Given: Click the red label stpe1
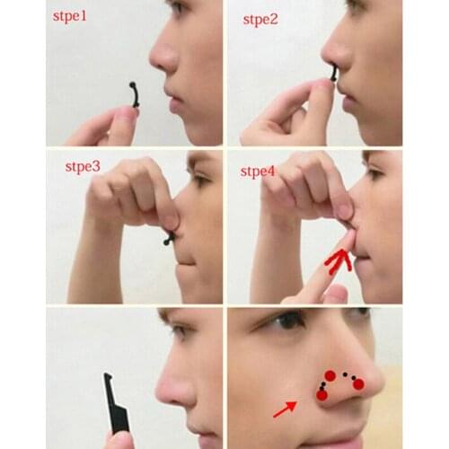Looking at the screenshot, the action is [x=70, y=16].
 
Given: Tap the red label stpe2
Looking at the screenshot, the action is [x=260, y=20].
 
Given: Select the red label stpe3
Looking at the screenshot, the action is [x=83, y=167].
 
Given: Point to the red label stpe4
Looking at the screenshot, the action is [x=258, y=172].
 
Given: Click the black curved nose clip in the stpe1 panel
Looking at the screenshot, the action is [x=136, y=94].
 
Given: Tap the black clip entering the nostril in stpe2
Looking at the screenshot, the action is [x=333, y=74].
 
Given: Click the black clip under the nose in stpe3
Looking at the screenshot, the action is [x=170, y=238].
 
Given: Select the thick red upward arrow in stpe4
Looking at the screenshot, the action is [x=339, y=261].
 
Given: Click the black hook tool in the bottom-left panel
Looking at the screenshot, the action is [x=115, y=402].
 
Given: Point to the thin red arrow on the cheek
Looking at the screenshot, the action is [x=285, y=409].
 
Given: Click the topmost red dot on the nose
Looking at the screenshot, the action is [x=330, y=375].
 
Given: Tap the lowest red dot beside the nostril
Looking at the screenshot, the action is [x=321, y=395].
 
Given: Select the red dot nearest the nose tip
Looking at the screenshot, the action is [x=358, y=383].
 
